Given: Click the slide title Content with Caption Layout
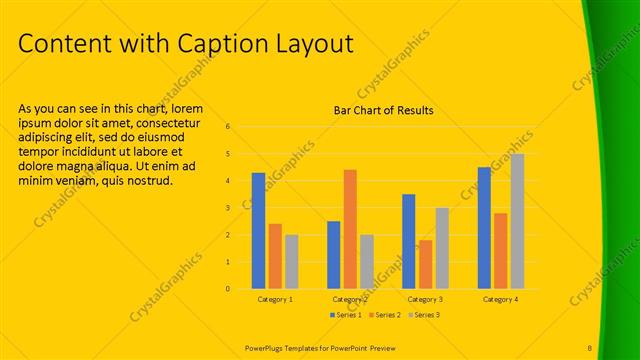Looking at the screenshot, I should (186, 44).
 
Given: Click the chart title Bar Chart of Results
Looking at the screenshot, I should (383, 111).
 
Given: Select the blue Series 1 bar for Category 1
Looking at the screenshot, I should (259, 231).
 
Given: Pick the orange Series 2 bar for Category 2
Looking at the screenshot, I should (350, 229).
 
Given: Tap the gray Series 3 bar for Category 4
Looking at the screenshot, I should (517, 221).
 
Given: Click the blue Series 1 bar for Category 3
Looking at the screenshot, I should (409, 241).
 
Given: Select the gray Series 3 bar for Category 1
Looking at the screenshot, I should (292, 262).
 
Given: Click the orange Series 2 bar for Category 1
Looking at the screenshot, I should (275, 256).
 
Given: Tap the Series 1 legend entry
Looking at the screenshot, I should (346, 315).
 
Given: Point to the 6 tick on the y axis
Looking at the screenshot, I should (229, 127).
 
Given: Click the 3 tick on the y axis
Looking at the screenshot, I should (229, 208).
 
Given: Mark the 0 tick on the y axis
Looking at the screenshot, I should (229, 289).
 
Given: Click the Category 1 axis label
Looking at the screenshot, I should (275, 299).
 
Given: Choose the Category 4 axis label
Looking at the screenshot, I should (500, 299).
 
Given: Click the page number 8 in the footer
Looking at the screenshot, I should (590, 347).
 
